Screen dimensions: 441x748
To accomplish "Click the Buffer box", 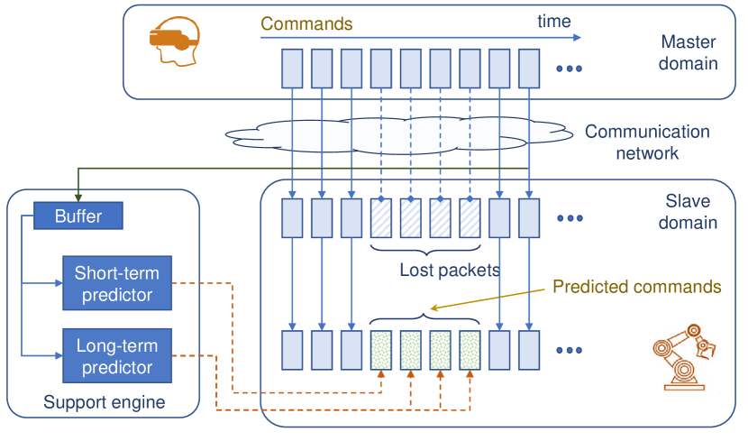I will [x=78, y=216].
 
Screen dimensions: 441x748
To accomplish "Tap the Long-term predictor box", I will [x=116, y=355].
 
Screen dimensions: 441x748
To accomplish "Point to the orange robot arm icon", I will [x=682, y=355].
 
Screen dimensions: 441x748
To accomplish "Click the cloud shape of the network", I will [x=397, y=135].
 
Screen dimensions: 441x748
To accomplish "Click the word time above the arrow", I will [x=553, y=21].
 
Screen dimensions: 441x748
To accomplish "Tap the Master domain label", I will [x=689, y=52].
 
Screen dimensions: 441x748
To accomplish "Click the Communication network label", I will [x=647, y=142].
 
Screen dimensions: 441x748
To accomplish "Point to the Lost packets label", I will [x=449, y=270].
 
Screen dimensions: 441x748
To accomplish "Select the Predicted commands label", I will [x=636, y=287].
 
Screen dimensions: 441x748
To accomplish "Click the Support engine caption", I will [x=105, y=402].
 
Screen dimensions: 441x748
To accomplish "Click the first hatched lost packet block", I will [x=381, y=217].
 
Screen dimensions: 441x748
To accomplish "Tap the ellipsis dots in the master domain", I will [x=570, y=69].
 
